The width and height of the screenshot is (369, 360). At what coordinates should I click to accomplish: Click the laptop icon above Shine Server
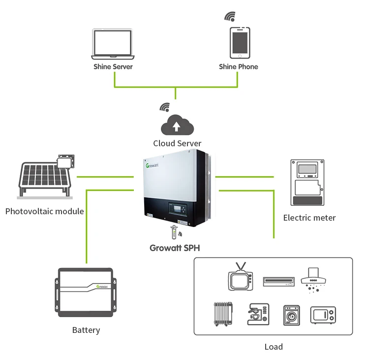point(113,43)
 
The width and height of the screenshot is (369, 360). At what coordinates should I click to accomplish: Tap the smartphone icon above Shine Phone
point(240,43)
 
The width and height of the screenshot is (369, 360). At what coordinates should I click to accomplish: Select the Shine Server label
point(113,66)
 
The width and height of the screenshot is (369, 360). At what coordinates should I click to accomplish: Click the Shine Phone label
point(239,66)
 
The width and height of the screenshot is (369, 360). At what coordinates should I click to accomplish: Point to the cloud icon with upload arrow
point(177,125)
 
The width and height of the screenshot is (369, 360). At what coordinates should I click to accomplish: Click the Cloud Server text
point(177,143)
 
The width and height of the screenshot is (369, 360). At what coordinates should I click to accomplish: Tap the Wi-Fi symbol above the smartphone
point(230,16)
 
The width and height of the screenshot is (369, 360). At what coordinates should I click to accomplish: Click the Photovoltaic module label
point(44,212)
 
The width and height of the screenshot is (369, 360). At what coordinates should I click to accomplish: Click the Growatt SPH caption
point(175,248)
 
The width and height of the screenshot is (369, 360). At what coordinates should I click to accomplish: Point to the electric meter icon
point(308,183)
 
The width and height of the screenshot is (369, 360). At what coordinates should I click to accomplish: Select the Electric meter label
point(309,218)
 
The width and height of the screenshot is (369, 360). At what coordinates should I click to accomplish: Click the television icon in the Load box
point(240,279)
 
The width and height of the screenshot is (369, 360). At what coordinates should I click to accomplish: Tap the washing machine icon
point(291,314)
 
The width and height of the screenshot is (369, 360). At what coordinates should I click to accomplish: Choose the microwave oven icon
point(323,315)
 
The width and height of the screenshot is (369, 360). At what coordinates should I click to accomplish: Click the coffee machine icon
point(259,313)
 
